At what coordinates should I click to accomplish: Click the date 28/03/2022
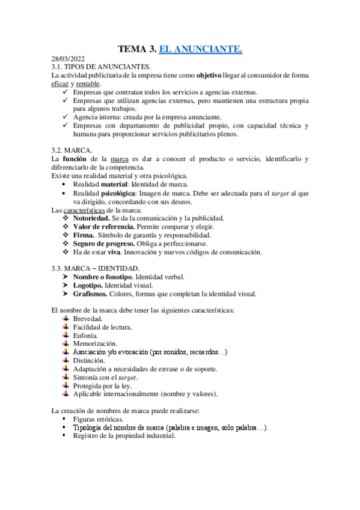tap(68, 58)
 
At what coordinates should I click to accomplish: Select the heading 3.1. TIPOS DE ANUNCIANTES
tap(102, 66)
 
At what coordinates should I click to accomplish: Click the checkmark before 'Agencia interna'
tap(64, 118)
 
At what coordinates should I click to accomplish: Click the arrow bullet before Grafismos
tap(64, 294)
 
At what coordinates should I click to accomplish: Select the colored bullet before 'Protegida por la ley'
tap(65, 386)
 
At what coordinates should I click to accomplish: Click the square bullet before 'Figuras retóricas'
tap(64, 419)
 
